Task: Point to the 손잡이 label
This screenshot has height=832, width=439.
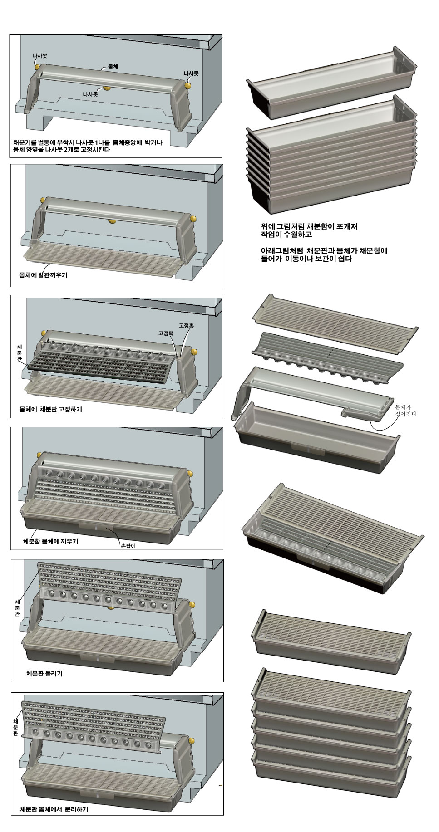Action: tap(128, 546)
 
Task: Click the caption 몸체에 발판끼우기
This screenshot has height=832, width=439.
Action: tap(43, 275)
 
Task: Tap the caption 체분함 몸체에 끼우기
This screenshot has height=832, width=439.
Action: tap(50, 541)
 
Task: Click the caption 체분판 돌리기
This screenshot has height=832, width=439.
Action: tap(44, 674)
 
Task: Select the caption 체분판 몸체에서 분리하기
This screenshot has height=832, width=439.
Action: tap(54, 809)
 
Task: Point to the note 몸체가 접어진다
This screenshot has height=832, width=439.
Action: tap(405, 411)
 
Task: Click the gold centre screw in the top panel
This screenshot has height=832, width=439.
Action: tap(107, 88)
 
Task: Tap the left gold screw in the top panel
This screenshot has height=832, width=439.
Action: tap(38, 66)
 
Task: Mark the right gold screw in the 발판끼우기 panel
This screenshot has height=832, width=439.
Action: tap(193, 219)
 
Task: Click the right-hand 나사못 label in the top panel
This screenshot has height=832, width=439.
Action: tap(191, 73)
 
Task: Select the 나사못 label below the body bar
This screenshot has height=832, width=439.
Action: tap(90, 94)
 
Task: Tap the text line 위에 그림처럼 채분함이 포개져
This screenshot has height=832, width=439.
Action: tap(306, 226)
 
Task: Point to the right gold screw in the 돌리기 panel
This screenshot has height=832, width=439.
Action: tap(192, 604)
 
